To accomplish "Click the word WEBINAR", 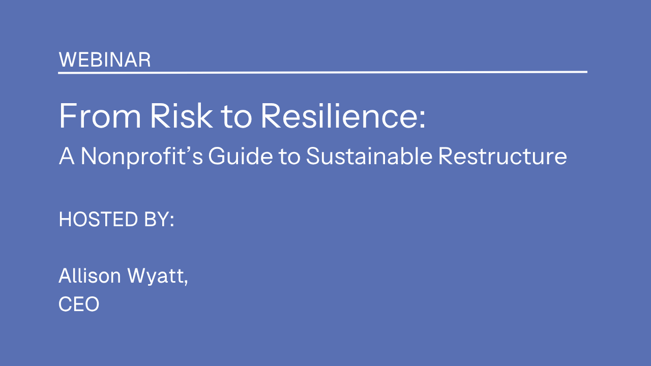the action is (105, 60).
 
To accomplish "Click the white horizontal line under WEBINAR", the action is (322, 72).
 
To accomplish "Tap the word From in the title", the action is (100, 115).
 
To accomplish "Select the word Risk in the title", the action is (181, 115).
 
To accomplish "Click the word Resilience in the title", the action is (339, 115).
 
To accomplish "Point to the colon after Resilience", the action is (422, 119).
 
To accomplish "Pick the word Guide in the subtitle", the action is (241, 156).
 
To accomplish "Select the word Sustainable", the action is (369, 156).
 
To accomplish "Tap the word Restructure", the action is (502, 156).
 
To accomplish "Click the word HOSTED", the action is (98, 219).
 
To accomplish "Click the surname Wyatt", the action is (156, 276).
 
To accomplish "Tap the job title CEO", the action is (79, 304).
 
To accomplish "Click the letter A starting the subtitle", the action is (67, 156).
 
